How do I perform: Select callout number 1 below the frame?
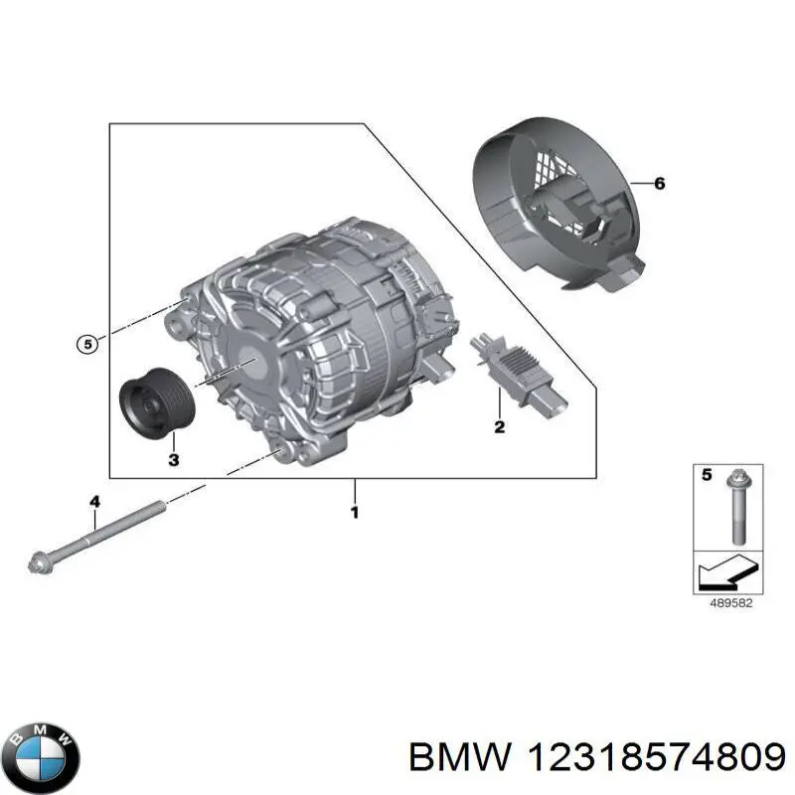point(354,513)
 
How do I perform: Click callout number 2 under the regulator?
point(499,427)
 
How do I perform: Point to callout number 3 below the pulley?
point(173,459)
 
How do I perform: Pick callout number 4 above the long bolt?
point(94,503)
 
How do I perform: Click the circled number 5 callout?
point(87,345)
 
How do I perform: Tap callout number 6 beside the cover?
point(658,184)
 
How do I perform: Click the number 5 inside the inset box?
point(708,476)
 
